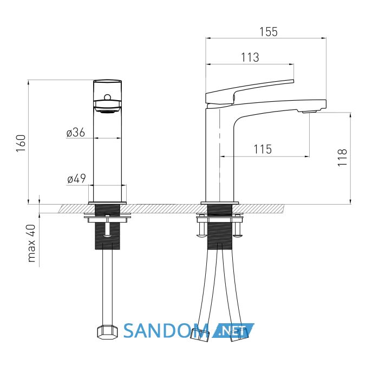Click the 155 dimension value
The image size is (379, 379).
coord(269,32)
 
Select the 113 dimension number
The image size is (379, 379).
coord(250,57)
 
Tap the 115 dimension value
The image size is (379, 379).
coord(263,149)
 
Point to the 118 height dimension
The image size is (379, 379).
coord(343,158)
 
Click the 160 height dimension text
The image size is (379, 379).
coord(21,143)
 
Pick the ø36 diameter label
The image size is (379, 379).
coord(76,133)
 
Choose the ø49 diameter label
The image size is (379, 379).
coord(76,179)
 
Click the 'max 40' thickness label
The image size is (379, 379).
coord(31,244)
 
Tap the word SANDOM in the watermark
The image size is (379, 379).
coord(166,331)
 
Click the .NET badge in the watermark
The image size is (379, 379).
coord(233,330)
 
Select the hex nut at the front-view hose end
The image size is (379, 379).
coord(107,332)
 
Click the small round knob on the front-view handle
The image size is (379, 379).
coord(107,97)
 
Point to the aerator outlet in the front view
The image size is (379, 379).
coord(107,112)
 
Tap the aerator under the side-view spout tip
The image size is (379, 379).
coord(309,112)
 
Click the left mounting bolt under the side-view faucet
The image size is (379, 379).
coord(201,228)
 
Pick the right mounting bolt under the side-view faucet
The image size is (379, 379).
coord(238,228)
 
